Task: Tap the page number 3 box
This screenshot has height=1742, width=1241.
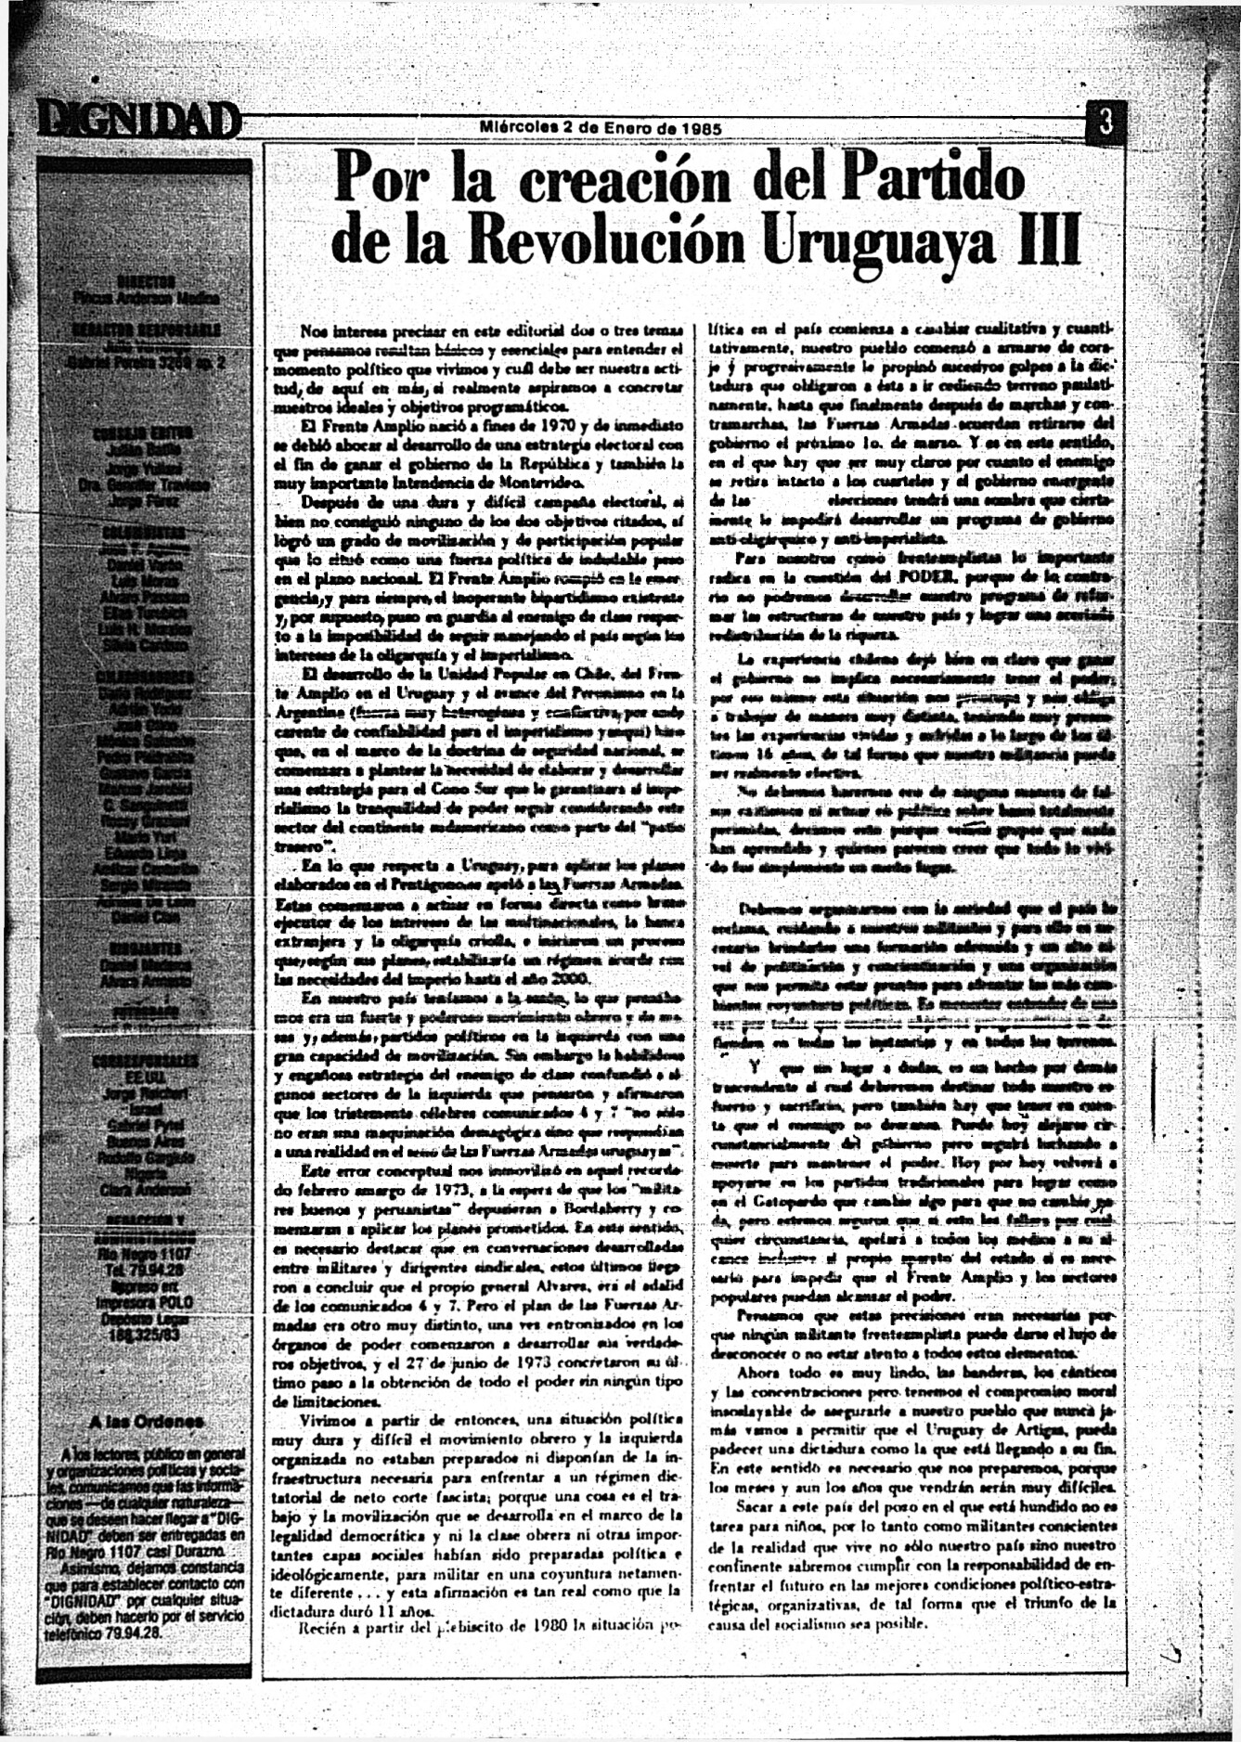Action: coord(1105,122)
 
